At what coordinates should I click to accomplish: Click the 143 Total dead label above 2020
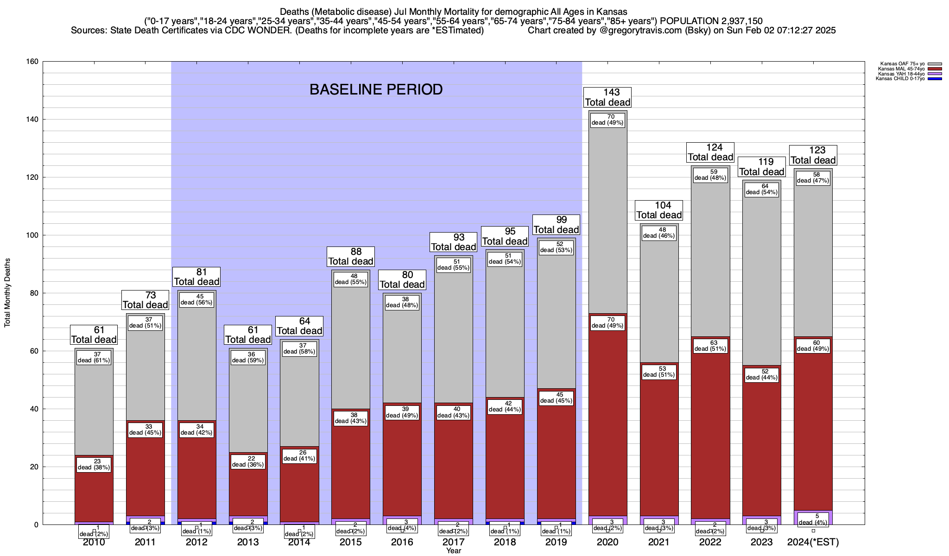click(x=607, y=97)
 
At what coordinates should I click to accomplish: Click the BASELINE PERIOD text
click(x=376, y=89)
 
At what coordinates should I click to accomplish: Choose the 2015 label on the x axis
click(x=350, y=542)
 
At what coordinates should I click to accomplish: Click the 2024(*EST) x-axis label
click(x=813, y=542)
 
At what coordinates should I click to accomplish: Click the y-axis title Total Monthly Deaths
click(x=7, y=293)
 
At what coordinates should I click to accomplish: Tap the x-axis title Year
click(x=454, y=551)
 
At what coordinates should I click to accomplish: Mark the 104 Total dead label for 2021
click(x=659, y=210)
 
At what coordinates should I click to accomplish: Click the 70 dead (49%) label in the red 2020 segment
click(x=607, y=322)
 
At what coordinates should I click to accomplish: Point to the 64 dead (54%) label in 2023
click(x=762, y=189)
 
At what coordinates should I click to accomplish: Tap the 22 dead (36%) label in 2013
click(x=248, y=461)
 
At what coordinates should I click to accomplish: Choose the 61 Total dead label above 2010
click(x=94, y=335)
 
